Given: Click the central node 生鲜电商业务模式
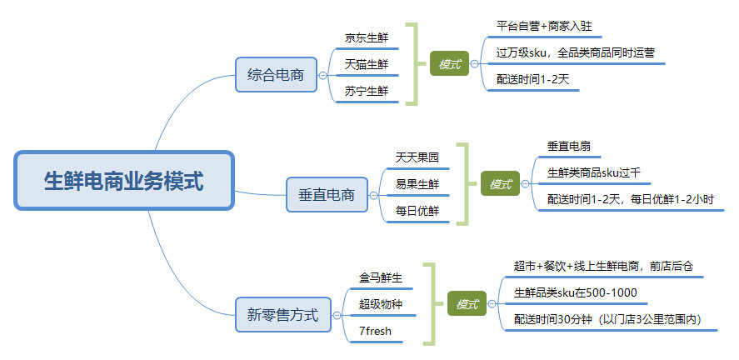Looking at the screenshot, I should tap(123, 181).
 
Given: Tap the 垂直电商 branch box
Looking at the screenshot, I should tap(327, 196).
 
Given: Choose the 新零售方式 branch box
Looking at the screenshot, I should tap(282, 316).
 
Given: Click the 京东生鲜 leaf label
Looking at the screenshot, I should tap(367, 37).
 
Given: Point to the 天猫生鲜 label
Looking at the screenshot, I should tap(367, 65).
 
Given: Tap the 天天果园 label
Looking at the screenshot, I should tap(417, 157).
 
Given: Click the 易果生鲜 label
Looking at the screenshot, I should tap(417, 184).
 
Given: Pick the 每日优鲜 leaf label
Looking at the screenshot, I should tap(417, 211).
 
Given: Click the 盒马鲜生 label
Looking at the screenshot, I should tap(381, 277).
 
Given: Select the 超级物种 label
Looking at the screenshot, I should tap(381, 304).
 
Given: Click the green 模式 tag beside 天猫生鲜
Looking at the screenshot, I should tap(449, 64).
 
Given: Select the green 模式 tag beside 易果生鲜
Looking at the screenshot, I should tap(500, 184).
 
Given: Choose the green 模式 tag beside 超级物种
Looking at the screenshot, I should tap(467, 304).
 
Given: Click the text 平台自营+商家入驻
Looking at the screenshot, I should tap(543, 26).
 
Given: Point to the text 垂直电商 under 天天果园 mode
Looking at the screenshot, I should tap(569, 146).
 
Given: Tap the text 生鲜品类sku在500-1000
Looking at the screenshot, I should tap(576, 292).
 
